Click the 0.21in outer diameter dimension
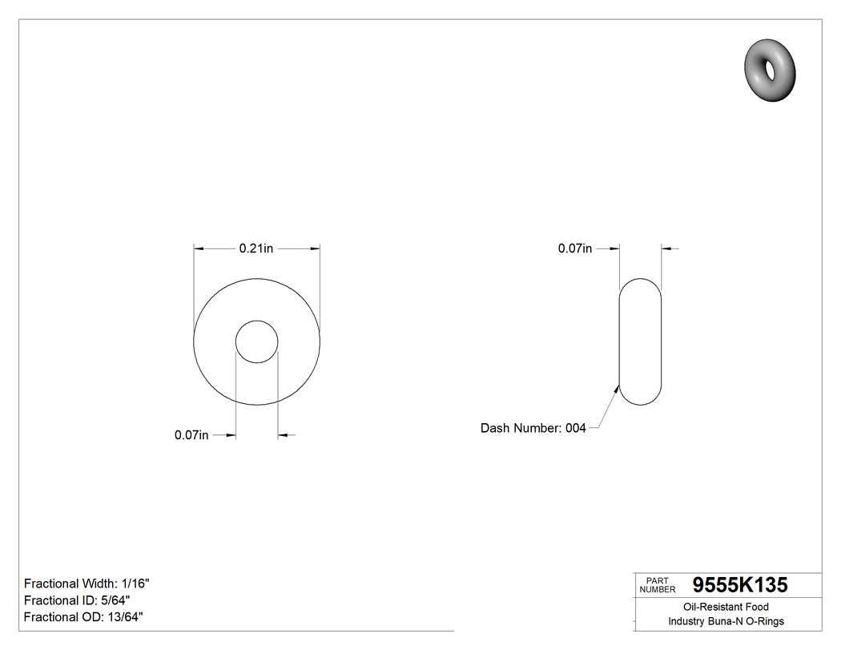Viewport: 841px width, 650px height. coord(256,249)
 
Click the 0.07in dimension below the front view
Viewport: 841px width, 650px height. coord(191,435)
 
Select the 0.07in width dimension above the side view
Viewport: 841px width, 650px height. coord(575,249)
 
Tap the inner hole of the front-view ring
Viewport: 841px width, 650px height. coord(256,342)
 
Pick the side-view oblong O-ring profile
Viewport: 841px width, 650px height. coord(641,342)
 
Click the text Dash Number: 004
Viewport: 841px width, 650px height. coord(533,429)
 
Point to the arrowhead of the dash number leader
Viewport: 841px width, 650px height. coord(618,388)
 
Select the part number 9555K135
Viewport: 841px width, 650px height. coord(739,585)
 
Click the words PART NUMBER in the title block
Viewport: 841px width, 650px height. coord(657,585)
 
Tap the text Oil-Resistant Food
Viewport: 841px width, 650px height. coord(726,608)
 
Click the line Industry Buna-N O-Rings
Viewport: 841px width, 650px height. coord(726,621)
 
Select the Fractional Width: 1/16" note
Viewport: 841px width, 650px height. coord(87,583)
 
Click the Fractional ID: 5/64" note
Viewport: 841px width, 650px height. coord(77,600)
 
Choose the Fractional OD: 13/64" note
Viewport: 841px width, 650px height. coord(83,617)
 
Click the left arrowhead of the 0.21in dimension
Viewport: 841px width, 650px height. coord(199,249)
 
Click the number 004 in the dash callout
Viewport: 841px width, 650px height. coord(576,429)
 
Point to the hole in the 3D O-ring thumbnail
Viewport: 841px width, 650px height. coord(771,70)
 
